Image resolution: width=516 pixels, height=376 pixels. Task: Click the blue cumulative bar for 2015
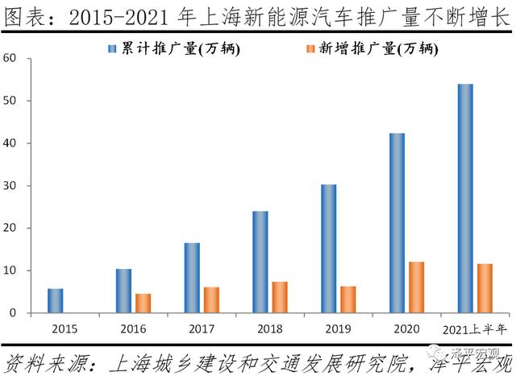55,300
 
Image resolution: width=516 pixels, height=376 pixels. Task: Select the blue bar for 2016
123,291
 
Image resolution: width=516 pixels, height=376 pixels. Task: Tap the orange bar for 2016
143,303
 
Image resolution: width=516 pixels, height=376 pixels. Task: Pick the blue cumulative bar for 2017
192,278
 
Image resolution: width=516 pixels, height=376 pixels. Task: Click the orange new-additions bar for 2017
211,300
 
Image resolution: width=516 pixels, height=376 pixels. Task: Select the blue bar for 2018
260,262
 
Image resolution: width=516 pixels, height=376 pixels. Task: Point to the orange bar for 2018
279,297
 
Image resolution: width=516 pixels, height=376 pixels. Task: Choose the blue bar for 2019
328,248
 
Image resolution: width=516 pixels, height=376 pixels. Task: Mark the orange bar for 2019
347,299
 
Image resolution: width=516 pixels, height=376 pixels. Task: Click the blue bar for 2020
397,222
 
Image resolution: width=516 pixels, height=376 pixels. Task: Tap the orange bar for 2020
416,287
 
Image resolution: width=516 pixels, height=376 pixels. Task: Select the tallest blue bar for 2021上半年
465,198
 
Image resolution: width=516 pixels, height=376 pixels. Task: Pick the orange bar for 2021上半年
485,287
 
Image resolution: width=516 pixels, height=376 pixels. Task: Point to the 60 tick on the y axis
10,58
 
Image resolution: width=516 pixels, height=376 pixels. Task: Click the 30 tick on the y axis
10,186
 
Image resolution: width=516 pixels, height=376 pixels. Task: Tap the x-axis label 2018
269,328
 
